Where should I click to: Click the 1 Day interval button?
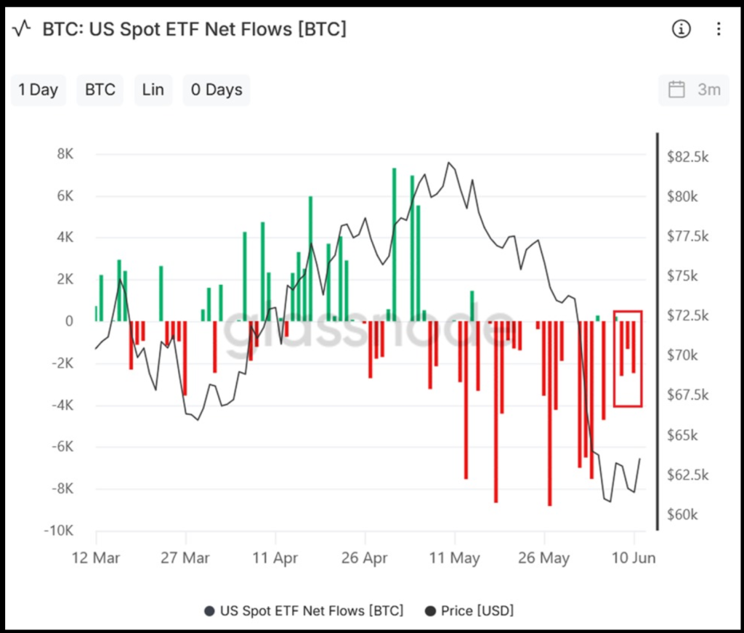[39, 89]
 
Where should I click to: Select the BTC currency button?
[100, 89]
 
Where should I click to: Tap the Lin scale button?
[153, 89]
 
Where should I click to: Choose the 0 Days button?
[217, 89]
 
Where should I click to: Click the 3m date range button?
[694, 89]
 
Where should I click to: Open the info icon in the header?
[681, 29]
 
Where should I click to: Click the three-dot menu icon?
[719, 29]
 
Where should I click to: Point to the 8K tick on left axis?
[65, 154]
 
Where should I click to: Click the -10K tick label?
[59, 530]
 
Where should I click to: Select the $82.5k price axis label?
[687, 156]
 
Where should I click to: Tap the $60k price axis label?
[682, 515]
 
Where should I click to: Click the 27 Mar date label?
[185, 557]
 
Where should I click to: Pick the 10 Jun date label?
[634, 557]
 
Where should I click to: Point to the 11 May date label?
[455, 557]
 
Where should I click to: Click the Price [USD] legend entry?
[470, 610]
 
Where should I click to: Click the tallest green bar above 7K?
[394, 244]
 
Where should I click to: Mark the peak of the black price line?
[448, 162]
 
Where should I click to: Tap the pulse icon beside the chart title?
[21, 28]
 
